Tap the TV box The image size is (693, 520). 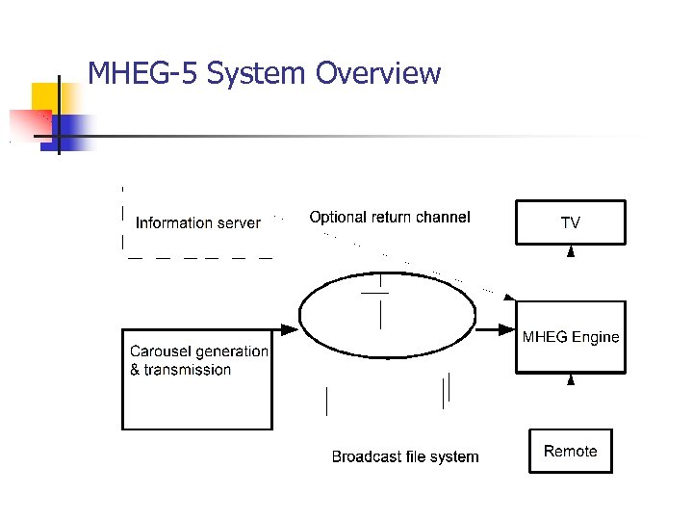pyautogui.click(x=571, y=222)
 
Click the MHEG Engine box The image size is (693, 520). pyautogui.click(x=571, y=337)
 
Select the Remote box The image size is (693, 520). pyautogui.click(x=570, y=451)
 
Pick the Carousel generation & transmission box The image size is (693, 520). pyautogui.click(x=198, y=379)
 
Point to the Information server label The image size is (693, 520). pyautogui.click(x=198, y=223)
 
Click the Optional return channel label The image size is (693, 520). pyautogui.click(x=390, y=218)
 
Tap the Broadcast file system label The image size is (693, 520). pyautogui.click(x=405, y=456)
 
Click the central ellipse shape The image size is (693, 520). pyautogui.click(x=388, y=318)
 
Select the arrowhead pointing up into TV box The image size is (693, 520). pyautogui.click(x=571, y=251)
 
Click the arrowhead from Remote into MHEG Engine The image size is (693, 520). pyautogui.click(x=571, y=379)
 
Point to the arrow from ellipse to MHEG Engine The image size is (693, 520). pyautogui.click(x=496, y=330)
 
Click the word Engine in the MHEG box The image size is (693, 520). pyautogui.click(x=596, y=337)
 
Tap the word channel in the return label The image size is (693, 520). pyautogui.click(x=442, y=218)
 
